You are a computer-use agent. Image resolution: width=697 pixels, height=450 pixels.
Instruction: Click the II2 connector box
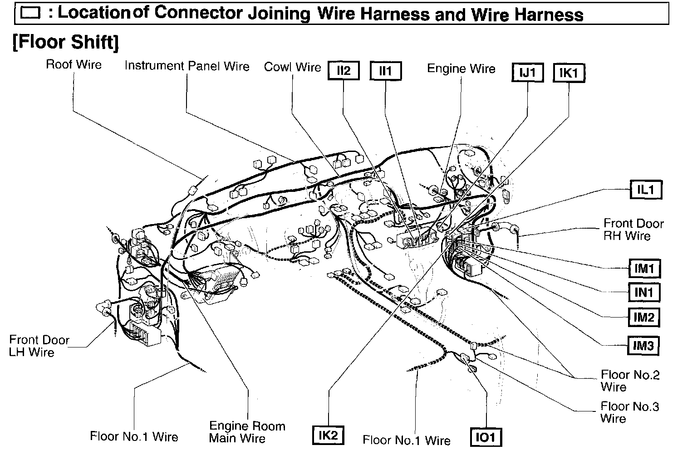(x=344, y=71)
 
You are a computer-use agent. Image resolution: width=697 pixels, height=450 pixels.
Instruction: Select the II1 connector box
(x=385, y=71)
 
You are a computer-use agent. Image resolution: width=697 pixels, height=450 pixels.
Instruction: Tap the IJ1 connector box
(x=527, y=73)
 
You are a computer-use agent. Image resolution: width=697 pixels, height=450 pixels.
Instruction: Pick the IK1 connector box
(x=569, y=73)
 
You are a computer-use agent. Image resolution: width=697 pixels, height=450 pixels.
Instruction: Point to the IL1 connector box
(x=646, y=190)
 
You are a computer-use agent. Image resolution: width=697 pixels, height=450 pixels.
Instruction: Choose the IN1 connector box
(x=643, y=293)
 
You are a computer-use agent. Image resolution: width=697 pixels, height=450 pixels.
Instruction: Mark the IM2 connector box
(x=643, y=317)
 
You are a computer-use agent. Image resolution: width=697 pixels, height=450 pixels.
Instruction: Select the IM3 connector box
(x=643, y=346)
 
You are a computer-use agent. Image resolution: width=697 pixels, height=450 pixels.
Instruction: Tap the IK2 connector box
(x=328, y=435)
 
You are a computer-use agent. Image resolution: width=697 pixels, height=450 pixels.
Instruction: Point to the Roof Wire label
(x=74, y=64)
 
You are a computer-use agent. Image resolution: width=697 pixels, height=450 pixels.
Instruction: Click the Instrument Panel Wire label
(x=187, y=66)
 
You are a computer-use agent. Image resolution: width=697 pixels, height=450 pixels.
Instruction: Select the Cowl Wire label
(x=292, y=67)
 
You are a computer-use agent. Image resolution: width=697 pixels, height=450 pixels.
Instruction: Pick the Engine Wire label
(x=461, y=69)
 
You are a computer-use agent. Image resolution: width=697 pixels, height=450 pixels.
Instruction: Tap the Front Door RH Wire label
(x=633, y=230)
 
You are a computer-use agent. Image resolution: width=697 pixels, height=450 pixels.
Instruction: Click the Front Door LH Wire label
(x=39, y=346)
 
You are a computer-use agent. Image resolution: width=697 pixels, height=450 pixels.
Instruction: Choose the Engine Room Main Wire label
(x=247, y=432)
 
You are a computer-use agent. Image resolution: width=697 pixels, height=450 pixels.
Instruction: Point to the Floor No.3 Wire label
(x=629, y=412)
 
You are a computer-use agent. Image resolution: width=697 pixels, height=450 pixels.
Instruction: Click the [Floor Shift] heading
(x=66, y=42)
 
